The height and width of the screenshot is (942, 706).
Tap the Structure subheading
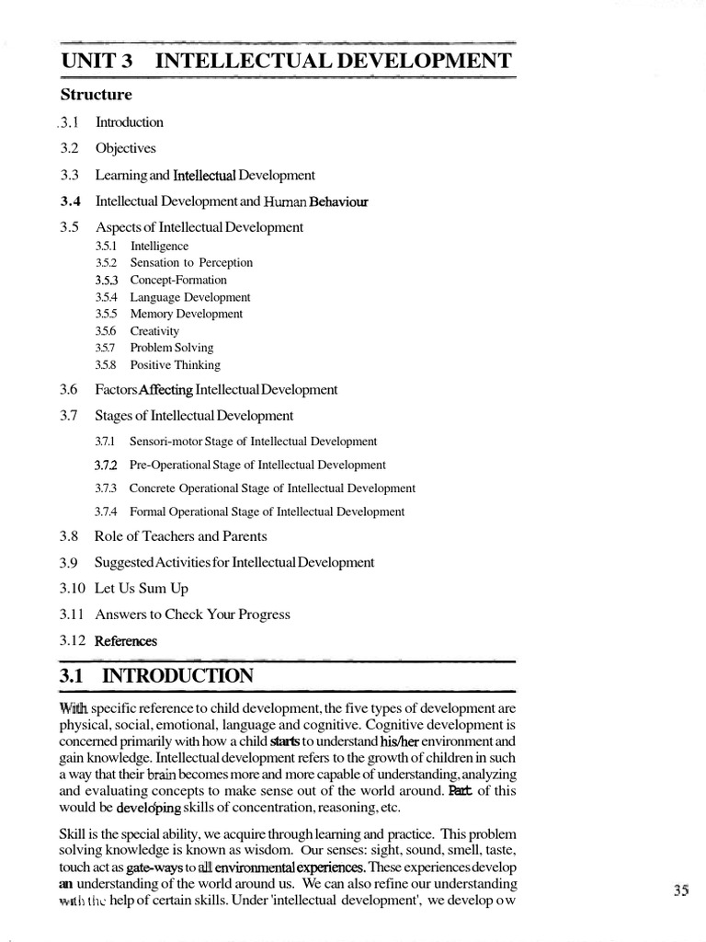96,94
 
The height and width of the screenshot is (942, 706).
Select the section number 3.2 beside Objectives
69,148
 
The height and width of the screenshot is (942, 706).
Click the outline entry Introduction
129,122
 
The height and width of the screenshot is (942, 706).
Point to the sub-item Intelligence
159,247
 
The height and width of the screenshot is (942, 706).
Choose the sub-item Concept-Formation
177,280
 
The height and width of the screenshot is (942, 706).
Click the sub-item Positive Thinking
175,365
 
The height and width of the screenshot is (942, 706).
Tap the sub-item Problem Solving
171,348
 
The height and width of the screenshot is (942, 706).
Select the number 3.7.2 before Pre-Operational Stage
108,465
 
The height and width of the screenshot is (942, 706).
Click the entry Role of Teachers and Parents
180,536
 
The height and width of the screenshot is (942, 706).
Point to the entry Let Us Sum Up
142,588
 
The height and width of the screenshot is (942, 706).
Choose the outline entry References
126,640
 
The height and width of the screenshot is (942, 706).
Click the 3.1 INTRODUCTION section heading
156,677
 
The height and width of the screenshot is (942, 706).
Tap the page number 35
681,890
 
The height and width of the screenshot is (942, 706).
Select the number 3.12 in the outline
73,640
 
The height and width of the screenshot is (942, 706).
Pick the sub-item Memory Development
186,314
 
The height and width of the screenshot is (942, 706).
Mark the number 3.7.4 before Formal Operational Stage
108,511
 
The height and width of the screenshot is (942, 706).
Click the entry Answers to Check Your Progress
192,615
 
